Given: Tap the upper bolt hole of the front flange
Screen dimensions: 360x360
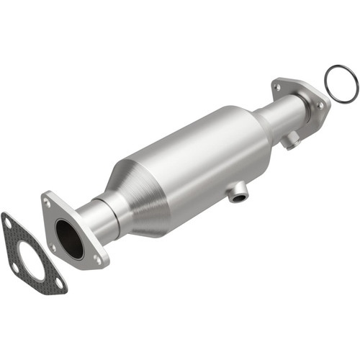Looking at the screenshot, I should click(48, 204).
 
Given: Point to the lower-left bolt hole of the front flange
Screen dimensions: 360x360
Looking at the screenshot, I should click(53, 247).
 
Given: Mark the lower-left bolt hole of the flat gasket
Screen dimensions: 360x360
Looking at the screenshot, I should click(15, 267).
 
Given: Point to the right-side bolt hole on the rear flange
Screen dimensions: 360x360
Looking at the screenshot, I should click(320, 106).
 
